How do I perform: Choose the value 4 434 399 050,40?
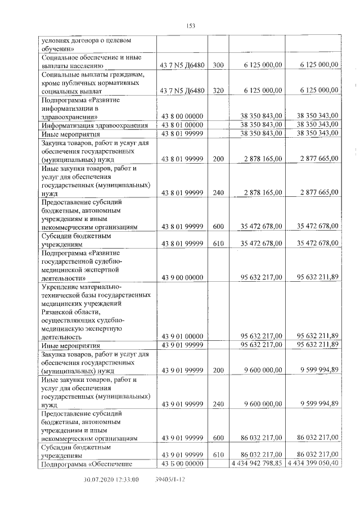point(313,463)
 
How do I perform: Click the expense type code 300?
point(219,65)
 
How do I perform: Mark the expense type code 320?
point(219,90)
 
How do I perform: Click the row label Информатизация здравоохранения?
point(94,125)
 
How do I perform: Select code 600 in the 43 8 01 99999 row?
point(219,226)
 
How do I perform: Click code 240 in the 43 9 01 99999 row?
point(219,404)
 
